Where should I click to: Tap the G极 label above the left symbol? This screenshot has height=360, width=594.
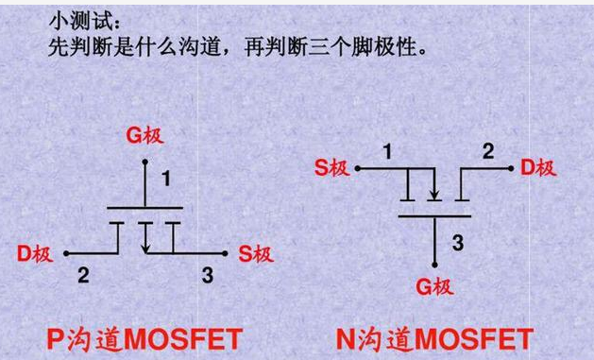(145, 135)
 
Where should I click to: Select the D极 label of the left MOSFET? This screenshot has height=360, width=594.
(35, 253)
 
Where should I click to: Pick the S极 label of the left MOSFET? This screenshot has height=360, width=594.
(256, 253)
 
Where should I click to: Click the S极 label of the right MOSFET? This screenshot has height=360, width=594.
(332, 168)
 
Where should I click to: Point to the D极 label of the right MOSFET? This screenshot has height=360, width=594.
(538, 168)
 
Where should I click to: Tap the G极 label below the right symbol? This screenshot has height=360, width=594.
(434, 286)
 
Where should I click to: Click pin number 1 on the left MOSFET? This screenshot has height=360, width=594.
(166, 179)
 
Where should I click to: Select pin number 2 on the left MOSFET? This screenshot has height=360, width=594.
(83, 275)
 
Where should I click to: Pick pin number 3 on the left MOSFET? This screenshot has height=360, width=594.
(207, 275)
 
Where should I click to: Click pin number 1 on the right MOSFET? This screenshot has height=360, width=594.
(387, 152)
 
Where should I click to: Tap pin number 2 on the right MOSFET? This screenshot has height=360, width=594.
(488, 151)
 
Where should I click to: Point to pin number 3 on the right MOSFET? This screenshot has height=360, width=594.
(458, 243)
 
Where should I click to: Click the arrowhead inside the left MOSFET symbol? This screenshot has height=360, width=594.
(145, 249)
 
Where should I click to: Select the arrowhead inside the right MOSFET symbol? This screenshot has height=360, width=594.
(434, 195)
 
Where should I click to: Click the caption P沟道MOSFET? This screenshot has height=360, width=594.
(144, 339)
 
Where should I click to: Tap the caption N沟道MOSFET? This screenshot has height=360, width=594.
(434, 339)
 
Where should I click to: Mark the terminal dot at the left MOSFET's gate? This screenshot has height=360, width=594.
(145, 162)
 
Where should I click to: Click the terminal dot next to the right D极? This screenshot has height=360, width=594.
(511, 168)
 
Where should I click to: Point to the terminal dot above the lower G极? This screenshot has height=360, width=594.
(435, 265)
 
